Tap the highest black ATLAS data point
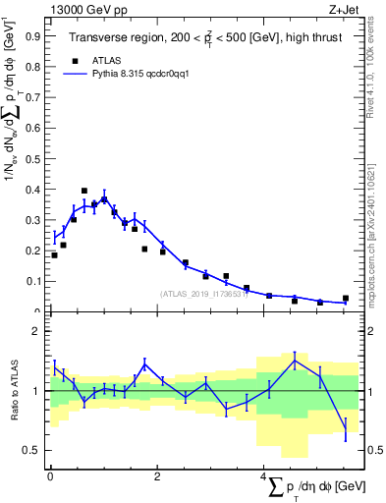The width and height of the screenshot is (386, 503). [x=84, y=191]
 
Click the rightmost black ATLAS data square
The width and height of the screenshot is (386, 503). [x=346, y=298]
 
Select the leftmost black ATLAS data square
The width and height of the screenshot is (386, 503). [x=54, y=255]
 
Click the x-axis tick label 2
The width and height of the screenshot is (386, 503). [x=157, y=476]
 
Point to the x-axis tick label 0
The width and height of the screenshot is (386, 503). [x=50, y=476]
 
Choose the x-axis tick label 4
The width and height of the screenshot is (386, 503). [x=264, y=476]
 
